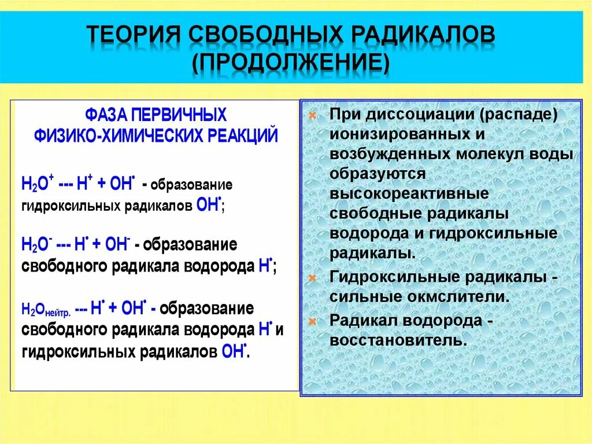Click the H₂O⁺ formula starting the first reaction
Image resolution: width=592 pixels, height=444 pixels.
click(x=36, y=185)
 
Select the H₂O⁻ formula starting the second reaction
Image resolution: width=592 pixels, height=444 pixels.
click(x=36, y=244)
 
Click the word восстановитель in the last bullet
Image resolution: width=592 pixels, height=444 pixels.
click(x=397, y=340)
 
